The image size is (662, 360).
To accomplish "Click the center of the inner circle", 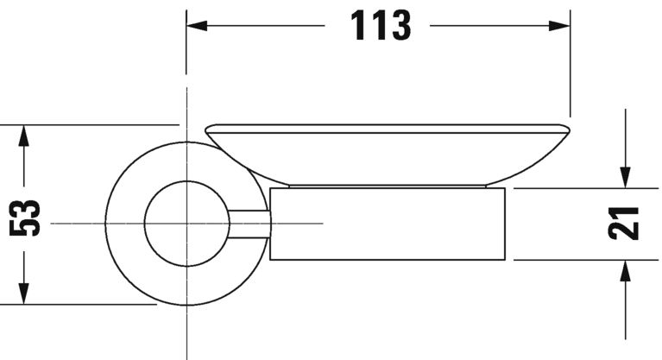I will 186,223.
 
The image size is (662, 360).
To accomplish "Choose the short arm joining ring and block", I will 250,223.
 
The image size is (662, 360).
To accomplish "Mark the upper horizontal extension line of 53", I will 86,125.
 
